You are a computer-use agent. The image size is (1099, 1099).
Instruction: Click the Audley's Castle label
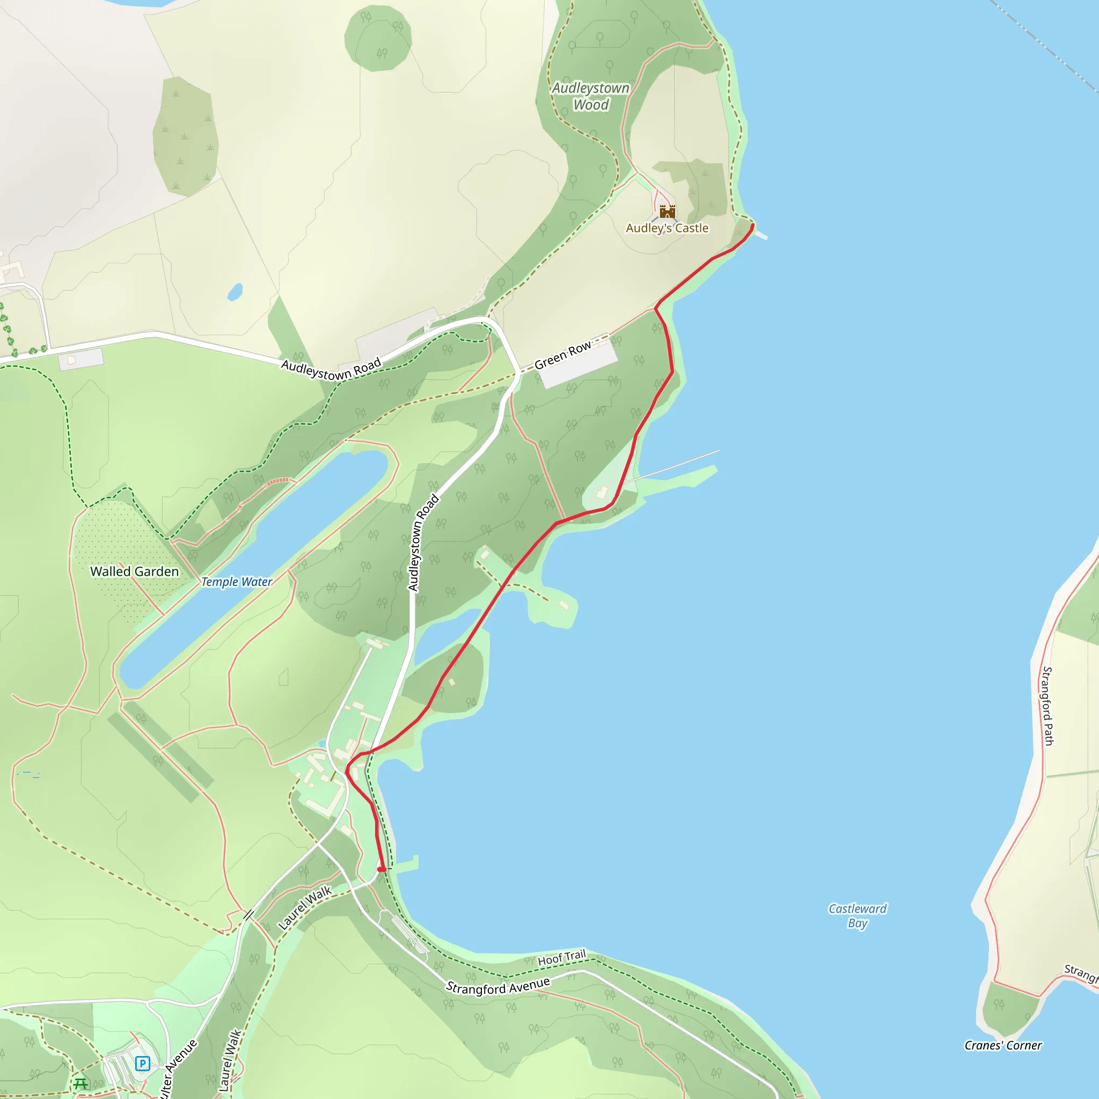[666, 228]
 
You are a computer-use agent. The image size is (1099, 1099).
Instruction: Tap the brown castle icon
[667, 211]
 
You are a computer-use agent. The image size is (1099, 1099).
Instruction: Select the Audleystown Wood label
[590, 96]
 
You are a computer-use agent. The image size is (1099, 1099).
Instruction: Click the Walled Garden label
[134, 571]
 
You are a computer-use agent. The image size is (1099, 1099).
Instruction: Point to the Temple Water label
[237, 581]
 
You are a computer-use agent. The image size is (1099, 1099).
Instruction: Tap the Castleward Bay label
[857, 915]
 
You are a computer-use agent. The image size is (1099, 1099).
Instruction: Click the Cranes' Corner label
[1003, 1045]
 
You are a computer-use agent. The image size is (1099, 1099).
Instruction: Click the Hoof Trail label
[561, 958]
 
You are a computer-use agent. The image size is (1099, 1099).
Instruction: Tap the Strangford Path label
[1048, 705]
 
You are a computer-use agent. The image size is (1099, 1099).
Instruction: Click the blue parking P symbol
[142, 1063]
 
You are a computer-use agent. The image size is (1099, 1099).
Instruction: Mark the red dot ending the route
[382, 869]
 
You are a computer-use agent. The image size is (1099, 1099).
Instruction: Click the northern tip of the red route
[752, 226]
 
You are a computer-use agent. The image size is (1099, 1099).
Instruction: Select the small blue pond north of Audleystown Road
[235, 292]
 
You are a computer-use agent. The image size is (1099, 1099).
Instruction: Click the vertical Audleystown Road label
[423, 543]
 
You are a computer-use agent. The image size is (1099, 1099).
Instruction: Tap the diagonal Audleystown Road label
[331, 369]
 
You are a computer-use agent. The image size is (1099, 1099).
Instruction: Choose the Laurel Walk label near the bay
[305, 908]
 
